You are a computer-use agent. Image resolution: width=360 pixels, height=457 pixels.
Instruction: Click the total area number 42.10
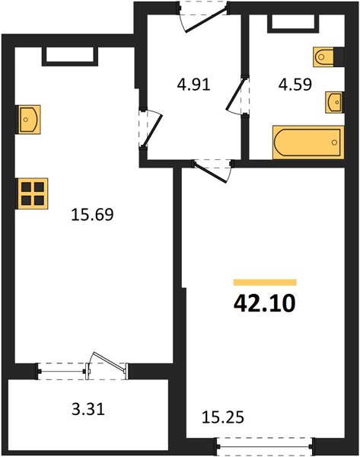(264, 303)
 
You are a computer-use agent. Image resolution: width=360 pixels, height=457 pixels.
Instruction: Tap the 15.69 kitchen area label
(92, 215)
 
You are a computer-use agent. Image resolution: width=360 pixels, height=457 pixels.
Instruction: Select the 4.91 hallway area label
(193, 85)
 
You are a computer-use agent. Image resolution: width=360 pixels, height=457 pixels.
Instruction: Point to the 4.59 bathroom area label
(295, 85)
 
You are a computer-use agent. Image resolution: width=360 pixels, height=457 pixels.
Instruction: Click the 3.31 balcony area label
(88, 409)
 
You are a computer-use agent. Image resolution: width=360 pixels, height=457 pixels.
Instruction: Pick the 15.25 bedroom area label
(223, 417)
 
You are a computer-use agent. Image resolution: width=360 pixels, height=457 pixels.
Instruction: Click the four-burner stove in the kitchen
(31, 193)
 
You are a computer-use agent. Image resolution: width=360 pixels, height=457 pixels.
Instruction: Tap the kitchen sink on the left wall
(28, 120)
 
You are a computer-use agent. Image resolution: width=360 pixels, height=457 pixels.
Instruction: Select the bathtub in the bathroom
(308, 142)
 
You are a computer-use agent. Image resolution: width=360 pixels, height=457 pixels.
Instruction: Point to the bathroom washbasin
(334, 102)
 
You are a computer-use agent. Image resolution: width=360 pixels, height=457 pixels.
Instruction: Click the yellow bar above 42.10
(265, 282)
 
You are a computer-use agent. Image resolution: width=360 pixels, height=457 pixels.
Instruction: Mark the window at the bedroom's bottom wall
(265, 446)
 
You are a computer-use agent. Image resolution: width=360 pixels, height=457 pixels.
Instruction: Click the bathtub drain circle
(334, 142)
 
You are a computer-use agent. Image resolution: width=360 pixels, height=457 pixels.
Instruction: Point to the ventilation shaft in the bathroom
(293, 22)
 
